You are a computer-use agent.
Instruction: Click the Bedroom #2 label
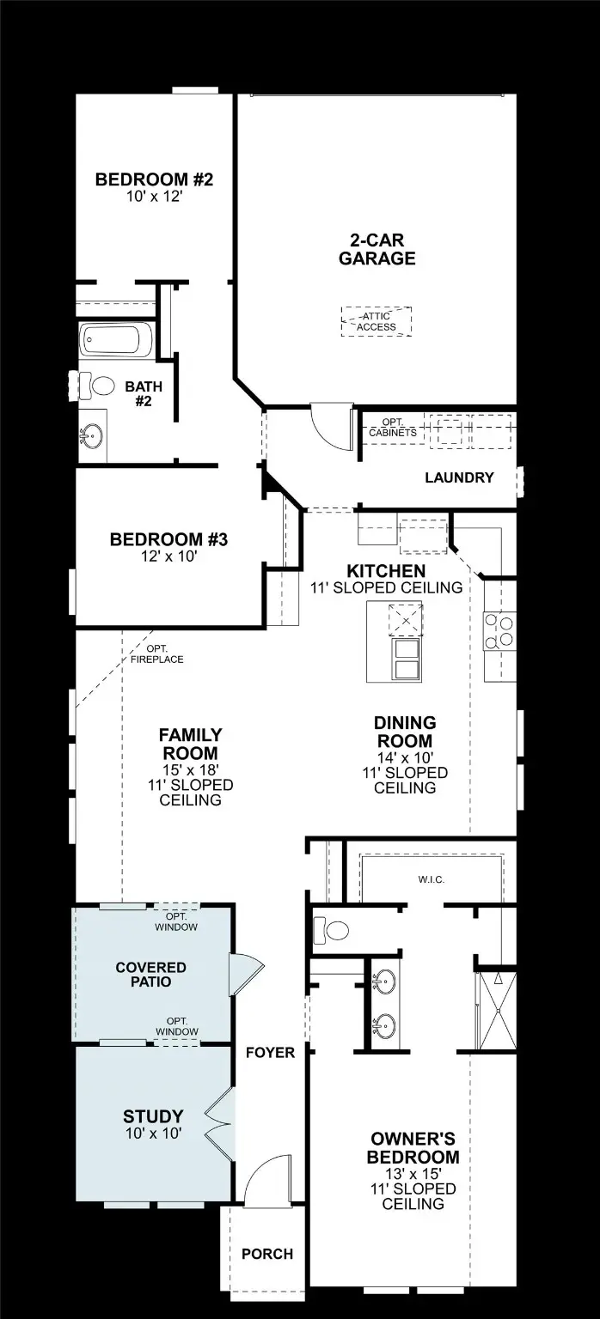point(153,180)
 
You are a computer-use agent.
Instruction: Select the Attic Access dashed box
point(376,322)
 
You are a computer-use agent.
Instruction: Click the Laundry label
point(459,477)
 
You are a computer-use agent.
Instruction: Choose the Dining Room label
point(404,732)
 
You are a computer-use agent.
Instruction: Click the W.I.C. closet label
point(431,880)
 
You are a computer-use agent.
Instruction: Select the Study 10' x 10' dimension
point(153,1134)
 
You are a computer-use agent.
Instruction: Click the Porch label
point(266,1254)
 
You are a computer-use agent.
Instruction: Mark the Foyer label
point(270,1053)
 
